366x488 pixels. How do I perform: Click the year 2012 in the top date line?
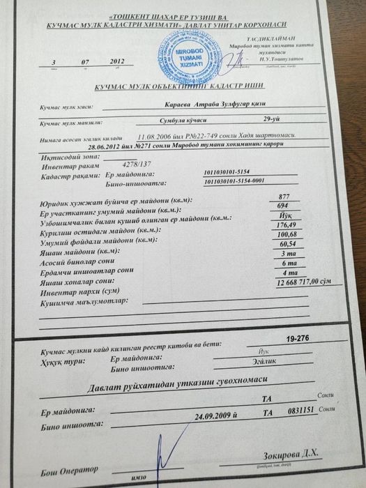(x=116, y=62)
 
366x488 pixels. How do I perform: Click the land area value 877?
(x=282, y=197)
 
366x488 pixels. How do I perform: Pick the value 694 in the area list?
(x=282, y=207)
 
